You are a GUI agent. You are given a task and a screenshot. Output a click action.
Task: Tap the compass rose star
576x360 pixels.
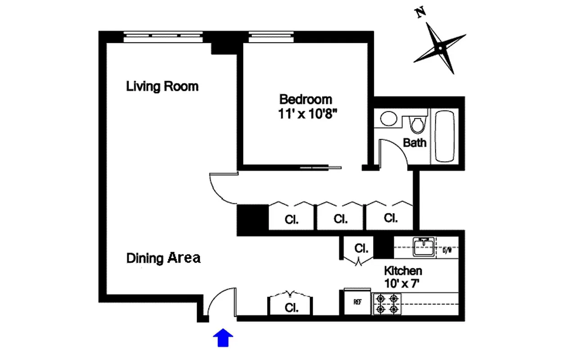[x=439, y=48]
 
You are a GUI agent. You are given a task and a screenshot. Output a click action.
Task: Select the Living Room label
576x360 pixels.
[x=162, y=86]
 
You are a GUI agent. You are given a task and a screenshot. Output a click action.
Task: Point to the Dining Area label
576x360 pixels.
[x=163, y=258]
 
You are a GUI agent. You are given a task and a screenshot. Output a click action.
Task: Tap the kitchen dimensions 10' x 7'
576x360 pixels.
[x=403, y=284]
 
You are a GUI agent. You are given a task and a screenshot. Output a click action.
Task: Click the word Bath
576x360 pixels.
[x=414, y=143]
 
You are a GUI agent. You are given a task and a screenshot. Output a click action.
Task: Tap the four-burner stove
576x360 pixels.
[x=387, y=304]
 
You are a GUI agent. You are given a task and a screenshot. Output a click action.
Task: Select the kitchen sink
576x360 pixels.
[x=423, y=247]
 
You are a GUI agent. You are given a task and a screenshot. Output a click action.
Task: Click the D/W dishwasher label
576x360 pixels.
[x=447, y=250]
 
